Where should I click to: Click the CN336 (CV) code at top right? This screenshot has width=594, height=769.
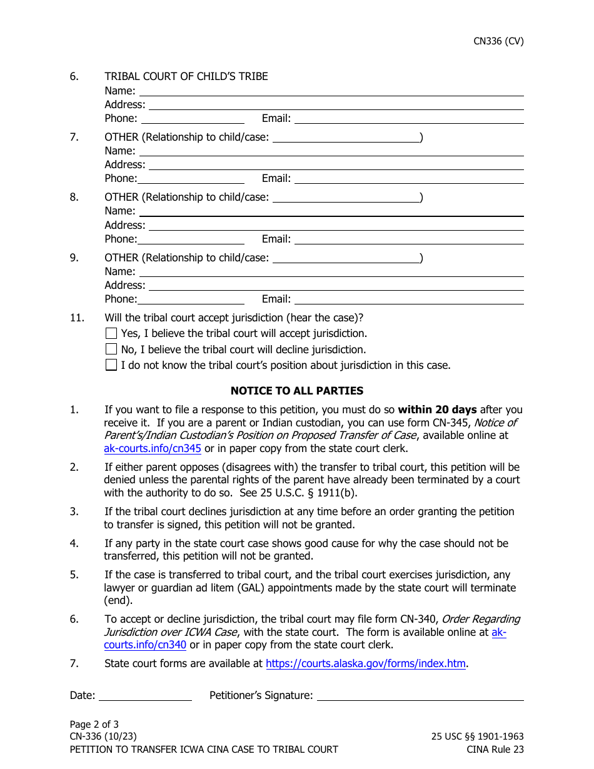point(498,41)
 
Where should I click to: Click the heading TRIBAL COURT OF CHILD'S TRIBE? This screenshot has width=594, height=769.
point(186,76)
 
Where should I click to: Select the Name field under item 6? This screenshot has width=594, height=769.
point(331,91)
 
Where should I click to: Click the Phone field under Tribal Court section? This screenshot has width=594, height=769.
point(193,118)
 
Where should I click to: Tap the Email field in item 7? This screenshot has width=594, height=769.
point(408,178)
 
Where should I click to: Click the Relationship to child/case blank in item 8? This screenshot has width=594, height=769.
point(346,198)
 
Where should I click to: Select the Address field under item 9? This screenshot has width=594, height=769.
point(335,285)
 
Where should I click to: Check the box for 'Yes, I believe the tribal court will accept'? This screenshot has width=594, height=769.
point(111,333)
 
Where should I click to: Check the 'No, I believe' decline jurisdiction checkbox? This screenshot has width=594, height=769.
point(111,349)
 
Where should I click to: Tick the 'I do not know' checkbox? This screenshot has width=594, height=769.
point(111,365)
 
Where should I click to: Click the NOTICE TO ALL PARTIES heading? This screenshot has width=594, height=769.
point(296,391)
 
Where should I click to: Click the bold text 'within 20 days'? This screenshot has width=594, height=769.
point(437,410)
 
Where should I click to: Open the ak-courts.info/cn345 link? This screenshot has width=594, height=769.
point(152,448)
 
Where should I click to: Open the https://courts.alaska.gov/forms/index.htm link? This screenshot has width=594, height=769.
point(365,664)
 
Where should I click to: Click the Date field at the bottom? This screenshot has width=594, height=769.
point(145,695)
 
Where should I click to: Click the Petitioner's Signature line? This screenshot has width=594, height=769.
point(420,695)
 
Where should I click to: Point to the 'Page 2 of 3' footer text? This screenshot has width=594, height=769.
point(94,725)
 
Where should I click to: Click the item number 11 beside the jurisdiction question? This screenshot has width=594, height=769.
point(76,318)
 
